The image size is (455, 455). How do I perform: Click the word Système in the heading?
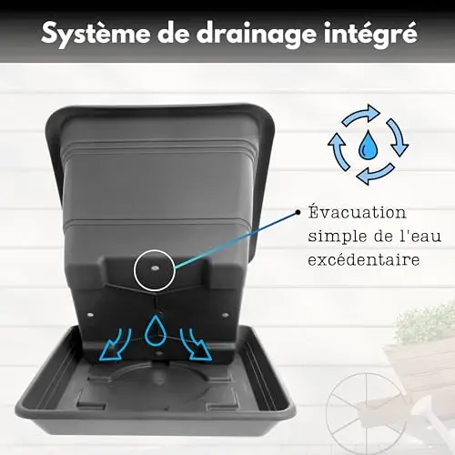96,35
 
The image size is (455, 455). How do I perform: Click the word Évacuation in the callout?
357,212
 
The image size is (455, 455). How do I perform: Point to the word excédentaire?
364,259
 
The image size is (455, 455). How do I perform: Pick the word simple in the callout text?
338,237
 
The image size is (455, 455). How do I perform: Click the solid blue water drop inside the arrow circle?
368,145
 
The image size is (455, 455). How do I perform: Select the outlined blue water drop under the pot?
156,330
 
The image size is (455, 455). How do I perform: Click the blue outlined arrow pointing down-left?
116,346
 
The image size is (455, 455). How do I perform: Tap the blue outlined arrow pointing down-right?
196,345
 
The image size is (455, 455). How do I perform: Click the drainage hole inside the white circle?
155,268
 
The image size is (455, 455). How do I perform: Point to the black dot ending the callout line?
298,212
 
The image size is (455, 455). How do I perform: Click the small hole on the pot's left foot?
91,315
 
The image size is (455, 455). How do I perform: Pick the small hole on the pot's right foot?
225,315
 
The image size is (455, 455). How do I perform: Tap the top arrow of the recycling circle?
361,115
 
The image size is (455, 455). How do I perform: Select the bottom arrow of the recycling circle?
375,175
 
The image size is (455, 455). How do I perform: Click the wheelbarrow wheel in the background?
359,413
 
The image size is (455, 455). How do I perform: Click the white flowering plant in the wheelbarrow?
426,322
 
